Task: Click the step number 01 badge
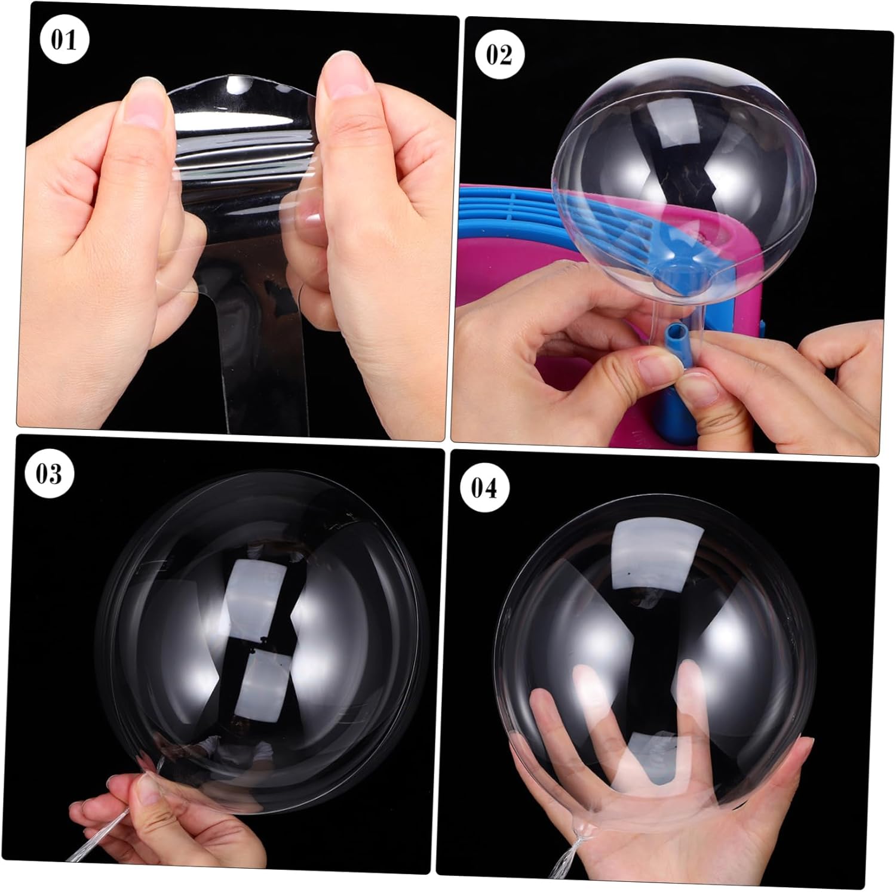click(65, 41)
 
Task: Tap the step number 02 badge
click(499, 55)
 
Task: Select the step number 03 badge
click(49, 475)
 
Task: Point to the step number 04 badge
click(484, 488)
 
